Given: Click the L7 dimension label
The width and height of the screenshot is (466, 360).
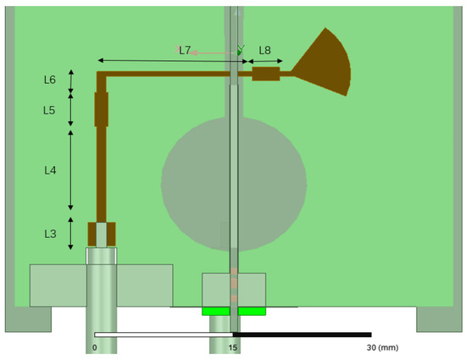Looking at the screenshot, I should pos(185,50).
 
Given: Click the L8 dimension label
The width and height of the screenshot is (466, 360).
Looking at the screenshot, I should pos(265,51).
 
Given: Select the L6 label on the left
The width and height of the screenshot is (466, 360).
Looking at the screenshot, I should pos(50,80).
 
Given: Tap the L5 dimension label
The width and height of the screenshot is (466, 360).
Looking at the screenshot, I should pos(50,110).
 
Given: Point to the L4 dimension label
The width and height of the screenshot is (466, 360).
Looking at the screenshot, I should pos(50,170).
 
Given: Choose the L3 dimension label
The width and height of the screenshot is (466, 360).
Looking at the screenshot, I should pos(50,233).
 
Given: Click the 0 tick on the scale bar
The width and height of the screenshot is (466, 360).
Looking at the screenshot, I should pos(94,347).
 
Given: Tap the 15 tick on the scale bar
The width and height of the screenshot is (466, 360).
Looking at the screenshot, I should pos(233,347).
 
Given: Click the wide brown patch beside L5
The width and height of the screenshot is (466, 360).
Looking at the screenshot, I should pos(102,109).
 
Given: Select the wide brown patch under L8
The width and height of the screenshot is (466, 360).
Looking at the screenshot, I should pos(266,75).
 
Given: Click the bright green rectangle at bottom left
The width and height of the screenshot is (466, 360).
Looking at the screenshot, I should pos(218,311).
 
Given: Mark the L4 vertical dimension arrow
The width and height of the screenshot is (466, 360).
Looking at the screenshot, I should pos(70,170).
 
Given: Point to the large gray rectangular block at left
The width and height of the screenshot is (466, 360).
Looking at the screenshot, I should pos(59,285).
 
